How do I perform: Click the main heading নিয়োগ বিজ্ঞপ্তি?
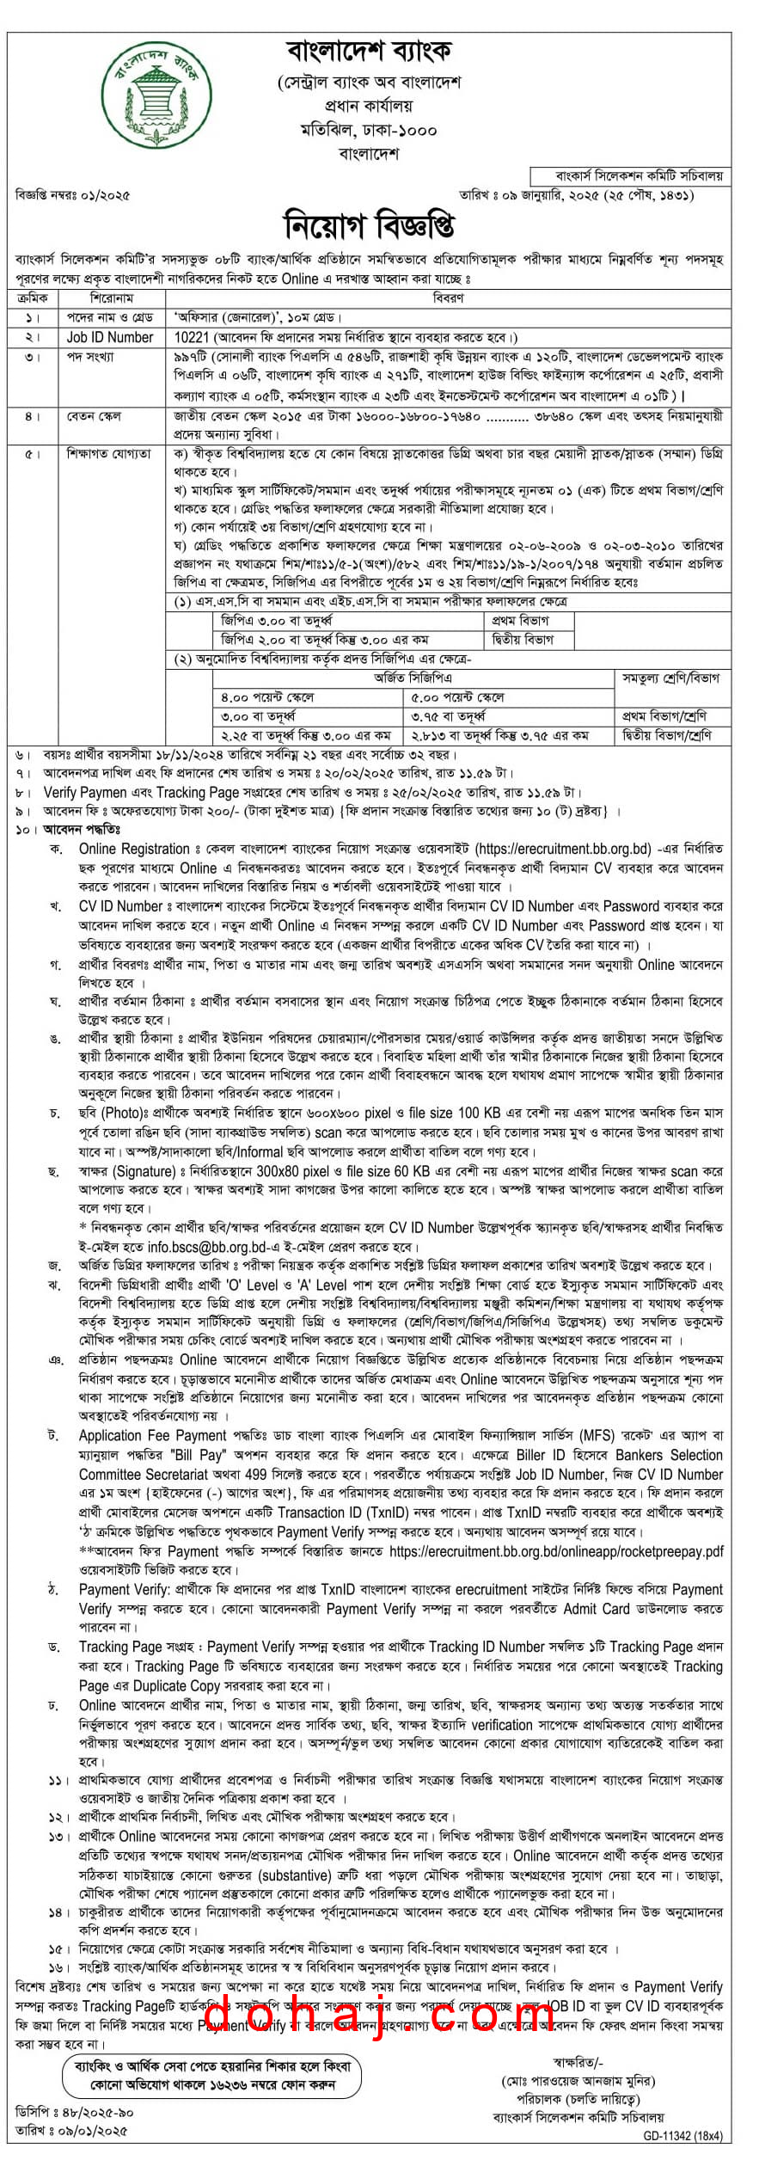[370, 226]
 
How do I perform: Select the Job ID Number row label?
[110, 338]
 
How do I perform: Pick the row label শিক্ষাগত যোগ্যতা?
[108, 453]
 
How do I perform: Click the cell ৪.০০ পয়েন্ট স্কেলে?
[267, 697]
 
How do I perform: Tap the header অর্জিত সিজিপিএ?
[413, 678]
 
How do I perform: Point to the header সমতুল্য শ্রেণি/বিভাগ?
[669, 678]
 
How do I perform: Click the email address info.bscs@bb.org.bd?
[207, 1247]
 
